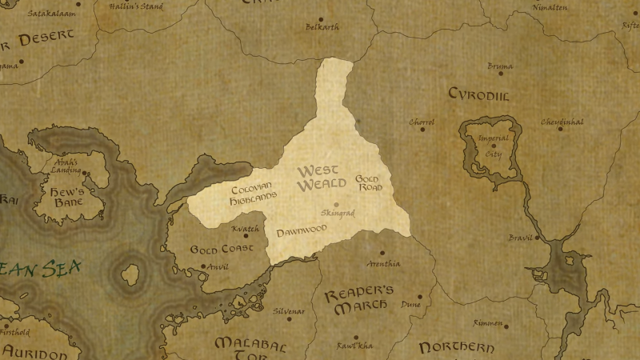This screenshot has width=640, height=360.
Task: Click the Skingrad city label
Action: pyautogui.click(x=337, y=214)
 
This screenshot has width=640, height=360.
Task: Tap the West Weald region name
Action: pyautogui.click(x=318, y=178)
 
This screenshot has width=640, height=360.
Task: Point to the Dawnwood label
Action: pyautogui.click(x=302, y=232)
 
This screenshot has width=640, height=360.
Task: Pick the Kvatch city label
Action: pyautogui.click(x=245, y=230)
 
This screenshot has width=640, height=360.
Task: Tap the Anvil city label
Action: pyautogui.click(x=218, y=267)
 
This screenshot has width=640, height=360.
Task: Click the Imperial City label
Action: pyautogui.click(x=493, y=145)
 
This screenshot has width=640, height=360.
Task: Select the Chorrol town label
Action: pyautogui.click(x=422, y=122)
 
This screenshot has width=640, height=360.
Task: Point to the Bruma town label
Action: pyautogui.click(x=500, y=66)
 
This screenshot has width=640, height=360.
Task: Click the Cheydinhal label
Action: pyautogui.click(x=562, y=122)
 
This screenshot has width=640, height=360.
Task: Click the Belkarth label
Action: pyautogui.click(x=322, y=27)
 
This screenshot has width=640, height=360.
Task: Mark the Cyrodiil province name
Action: pyautogui.click(x=479, y=95)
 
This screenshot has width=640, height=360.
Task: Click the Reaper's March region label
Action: pyautogui.click(x=359, y=299)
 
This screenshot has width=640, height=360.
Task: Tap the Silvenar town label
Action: pyautogui.click(x=289, y=310)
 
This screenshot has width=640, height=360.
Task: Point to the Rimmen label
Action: pyautogui.click(x=487, y=323)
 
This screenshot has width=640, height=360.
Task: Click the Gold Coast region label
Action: pyautogui.click(x=221, y=250)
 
